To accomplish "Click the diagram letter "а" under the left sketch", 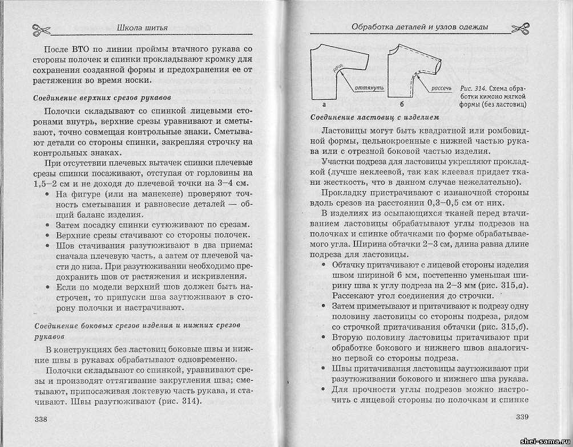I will [x=324, y=105].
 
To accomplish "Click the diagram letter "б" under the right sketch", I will [x=401, y=105].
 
